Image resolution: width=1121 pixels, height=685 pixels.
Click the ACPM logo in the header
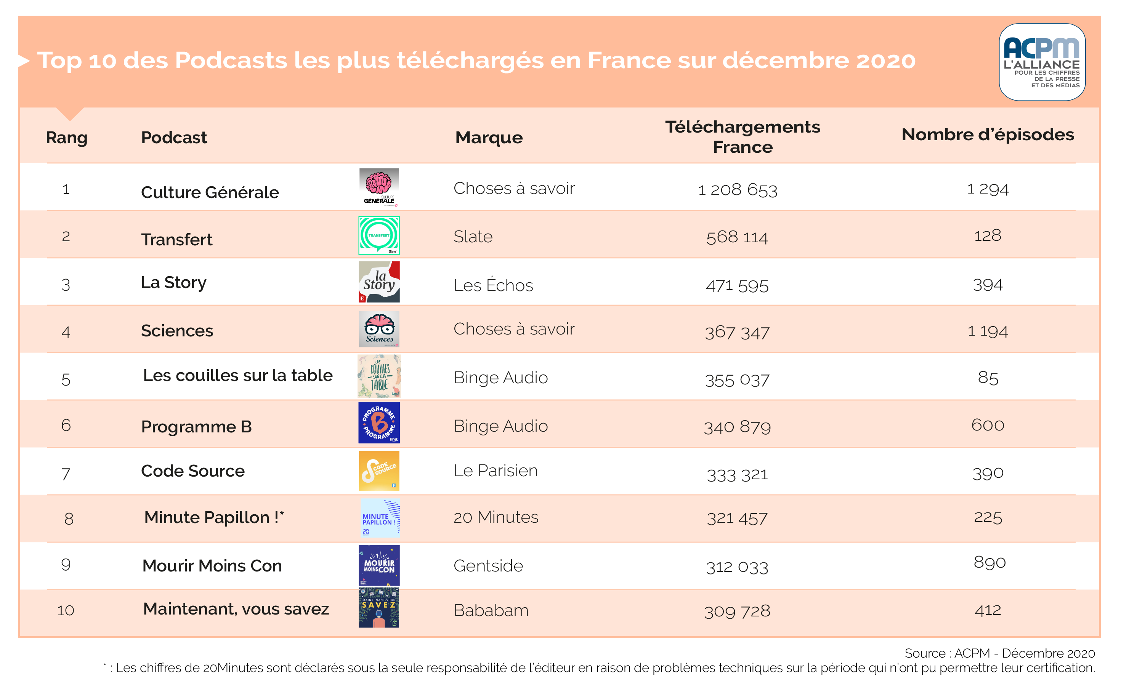tap(1042, 62)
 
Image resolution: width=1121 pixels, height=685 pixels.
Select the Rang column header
tap(66, 138)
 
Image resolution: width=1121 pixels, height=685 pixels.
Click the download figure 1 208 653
tap(738, 190)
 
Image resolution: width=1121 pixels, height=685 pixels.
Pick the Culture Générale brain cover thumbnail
tap(378, 187)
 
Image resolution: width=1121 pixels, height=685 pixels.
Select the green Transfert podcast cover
tap(378, 235)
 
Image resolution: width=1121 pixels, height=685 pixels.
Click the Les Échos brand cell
tap(493, 285)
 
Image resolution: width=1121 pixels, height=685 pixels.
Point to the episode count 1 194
tap(987, 331)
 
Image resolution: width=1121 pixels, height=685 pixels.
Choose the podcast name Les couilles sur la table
tap(237, 376)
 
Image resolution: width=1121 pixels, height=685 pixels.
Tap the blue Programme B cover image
tap(378, 423)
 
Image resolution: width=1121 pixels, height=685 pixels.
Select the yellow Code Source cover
tap(378, 471)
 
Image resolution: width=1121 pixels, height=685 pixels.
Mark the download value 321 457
tap(737, 518)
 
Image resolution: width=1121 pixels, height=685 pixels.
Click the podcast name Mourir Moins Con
tap(212, 566)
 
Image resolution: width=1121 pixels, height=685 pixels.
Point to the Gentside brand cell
tap(488, 566)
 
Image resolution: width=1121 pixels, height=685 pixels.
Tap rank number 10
tap(66, 610)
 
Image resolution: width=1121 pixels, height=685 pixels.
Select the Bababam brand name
tap(491, 610)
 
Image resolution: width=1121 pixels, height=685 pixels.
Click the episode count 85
tap(988, 378)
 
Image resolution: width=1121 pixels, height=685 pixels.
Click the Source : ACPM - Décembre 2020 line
tap(999, 653)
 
